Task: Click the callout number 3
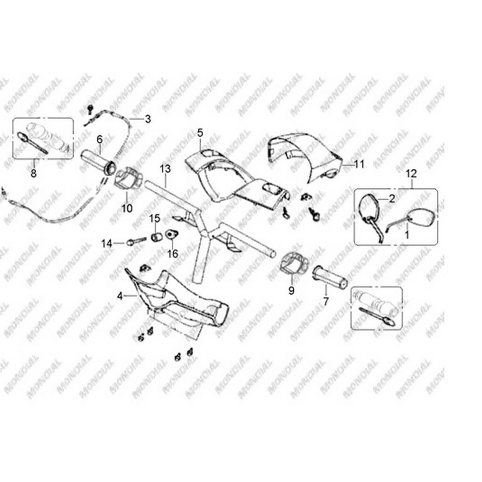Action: point(147,119)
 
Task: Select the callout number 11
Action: point(359,164)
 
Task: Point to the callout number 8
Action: point(33,174)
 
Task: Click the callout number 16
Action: point(173,254)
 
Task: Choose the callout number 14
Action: point(107,244)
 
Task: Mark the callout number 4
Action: point(120,296)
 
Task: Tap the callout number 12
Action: point(411,174)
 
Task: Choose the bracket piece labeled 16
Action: point(171,235)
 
